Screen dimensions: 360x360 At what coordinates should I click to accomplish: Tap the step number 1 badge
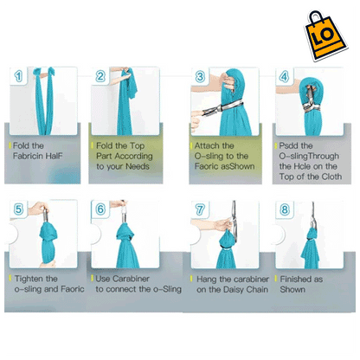18,76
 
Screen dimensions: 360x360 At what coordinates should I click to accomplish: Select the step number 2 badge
100,76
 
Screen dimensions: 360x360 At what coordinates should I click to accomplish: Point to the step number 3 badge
200,77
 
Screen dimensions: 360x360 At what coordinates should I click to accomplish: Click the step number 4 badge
284,77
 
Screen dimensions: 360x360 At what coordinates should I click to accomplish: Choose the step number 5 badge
18,209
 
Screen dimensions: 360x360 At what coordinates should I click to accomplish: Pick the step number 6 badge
100,209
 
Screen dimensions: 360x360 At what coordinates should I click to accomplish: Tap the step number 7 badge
200,209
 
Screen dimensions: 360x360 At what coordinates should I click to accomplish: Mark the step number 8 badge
285,209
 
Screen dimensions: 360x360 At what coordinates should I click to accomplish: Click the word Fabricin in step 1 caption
28,156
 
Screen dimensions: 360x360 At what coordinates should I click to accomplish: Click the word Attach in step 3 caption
207,145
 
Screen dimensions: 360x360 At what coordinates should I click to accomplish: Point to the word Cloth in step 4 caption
331,177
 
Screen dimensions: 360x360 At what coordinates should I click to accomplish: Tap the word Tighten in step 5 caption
29,279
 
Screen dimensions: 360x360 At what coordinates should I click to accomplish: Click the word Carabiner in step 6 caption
131,279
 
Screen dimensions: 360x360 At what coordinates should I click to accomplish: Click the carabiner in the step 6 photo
125,213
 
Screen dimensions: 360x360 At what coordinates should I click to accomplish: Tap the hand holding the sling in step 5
38,209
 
